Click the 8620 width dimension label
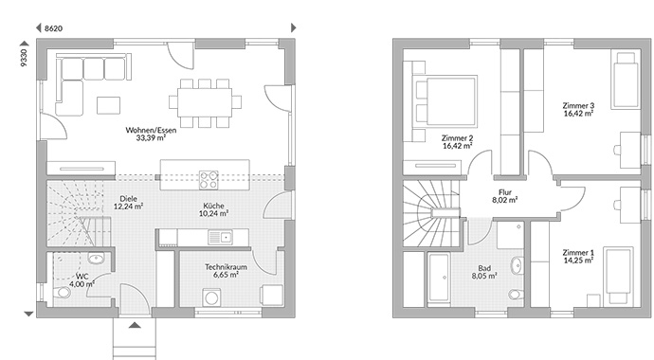point(53,28)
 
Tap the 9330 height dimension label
point(24,58)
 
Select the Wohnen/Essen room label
point(151,130)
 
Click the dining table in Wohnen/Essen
point(205,102)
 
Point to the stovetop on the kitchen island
point(209,180)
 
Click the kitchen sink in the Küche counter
point(221,238)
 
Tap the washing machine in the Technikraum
point(212,297)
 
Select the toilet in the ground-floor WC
point(63,292)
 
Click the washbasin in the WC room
point(96,259)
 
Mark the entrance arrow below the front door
point(135,325)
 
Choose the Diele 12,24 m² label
point(129,203)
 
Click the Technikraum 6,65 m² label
point(226,271)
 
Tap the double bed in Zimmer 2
point(445,100)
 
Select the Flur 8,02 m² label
point(505,196)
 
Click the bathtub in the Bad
point(438,278)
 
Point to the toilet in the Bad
point(517,295)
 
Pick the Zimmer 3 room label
point(578,106)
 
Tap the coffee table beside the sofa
point(108,105)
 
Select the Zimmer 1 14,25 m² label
point(578,257)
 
